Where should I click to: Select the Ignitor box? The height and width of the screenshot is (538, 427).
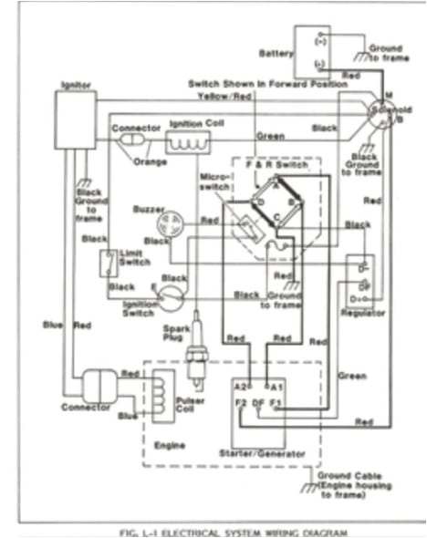[76, 119]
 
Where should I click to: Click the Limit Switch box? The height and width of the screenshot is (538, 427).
[109, 263]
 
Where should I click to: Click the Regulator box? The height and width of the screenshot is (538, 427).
[360, 282]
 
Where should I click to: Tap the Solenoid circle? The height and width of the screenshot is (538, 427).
[380, 117]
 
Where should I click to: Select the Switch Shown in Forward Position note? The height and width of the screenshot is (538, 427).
[266, 83]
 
